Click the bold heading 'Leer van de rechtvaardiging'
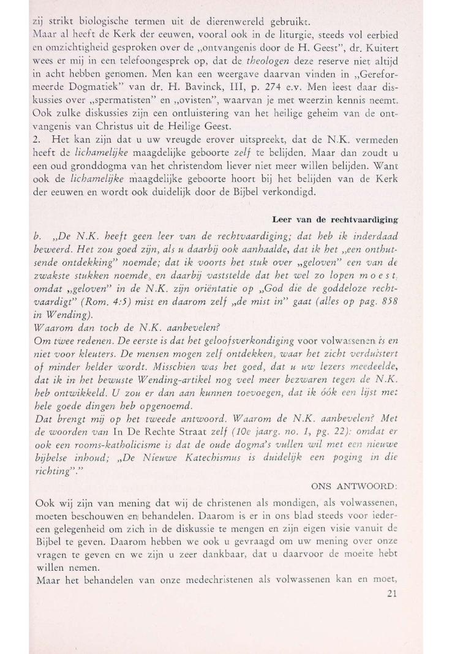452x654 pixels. coord(345,220)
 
